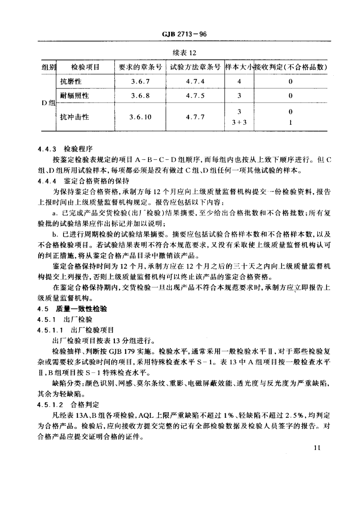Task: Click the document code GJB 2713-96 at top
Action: (180, 34)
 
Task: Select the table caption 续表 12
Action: (180, 53)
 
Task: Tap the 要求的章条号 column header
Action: (140, 68)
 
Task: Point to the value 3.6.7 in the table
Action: (140, 82)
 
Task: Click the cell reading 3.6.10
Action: (140, 117)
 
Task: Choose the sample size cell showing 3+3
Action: (239, 122)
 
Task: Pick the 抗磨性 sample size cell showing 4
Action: (239, 82)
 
